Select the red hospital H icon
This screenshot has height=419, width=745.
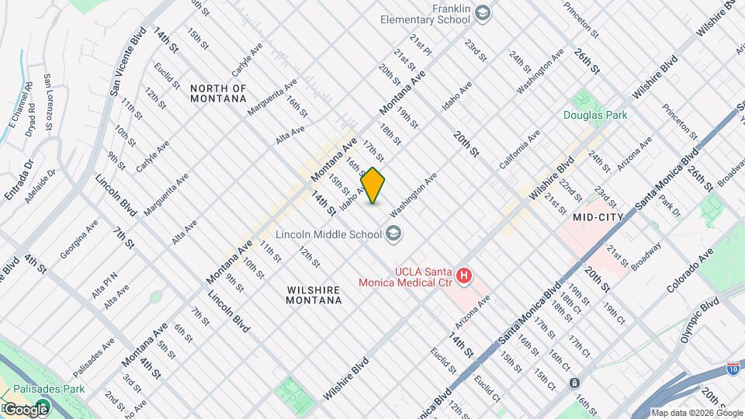464,275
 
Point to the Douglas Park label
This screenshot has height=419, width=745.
595,115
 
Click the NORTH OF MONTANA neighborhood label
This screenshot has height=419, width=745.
218,94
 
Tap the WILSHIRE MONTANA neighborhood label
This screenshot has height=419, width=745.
314,296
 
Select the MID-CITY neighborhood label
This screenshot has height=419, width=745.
598,218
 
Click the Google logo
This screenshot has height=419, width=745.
25,409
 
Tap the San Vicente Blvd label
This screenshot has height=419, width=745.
126,63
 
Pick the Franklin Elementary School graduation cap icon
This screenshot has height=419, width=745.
483,12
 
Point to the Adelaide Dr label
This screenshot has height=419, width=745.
40,185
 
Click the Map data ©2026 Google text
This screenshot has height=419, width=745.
695,413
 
